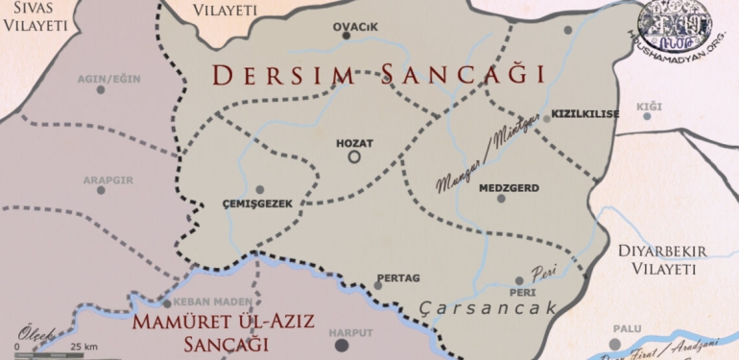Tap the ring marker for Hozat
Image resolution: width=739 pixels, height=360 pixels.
354,156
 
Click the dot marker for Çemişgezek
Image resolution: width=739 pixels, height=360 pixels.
259,189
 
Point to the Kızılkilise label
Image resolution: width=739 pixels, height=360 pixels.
585,114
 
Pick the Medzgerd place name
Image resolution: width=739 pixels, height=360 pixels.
508,188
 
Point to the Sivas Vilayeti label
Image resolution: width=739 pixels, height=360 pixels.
35,18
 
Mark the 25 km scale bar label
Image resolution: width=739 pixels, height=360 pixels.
83,347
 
